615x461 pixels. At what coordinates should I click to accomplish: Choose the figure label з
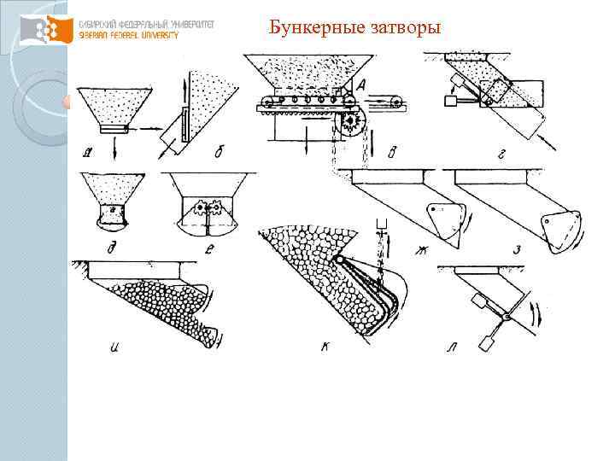click(x=517, y=249)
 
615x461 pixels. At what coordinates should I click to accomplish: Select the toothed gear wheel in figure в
click(x=350, y=125)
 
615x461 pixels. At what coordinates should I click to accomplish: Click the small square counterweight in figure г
click(x=450, y=101)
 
